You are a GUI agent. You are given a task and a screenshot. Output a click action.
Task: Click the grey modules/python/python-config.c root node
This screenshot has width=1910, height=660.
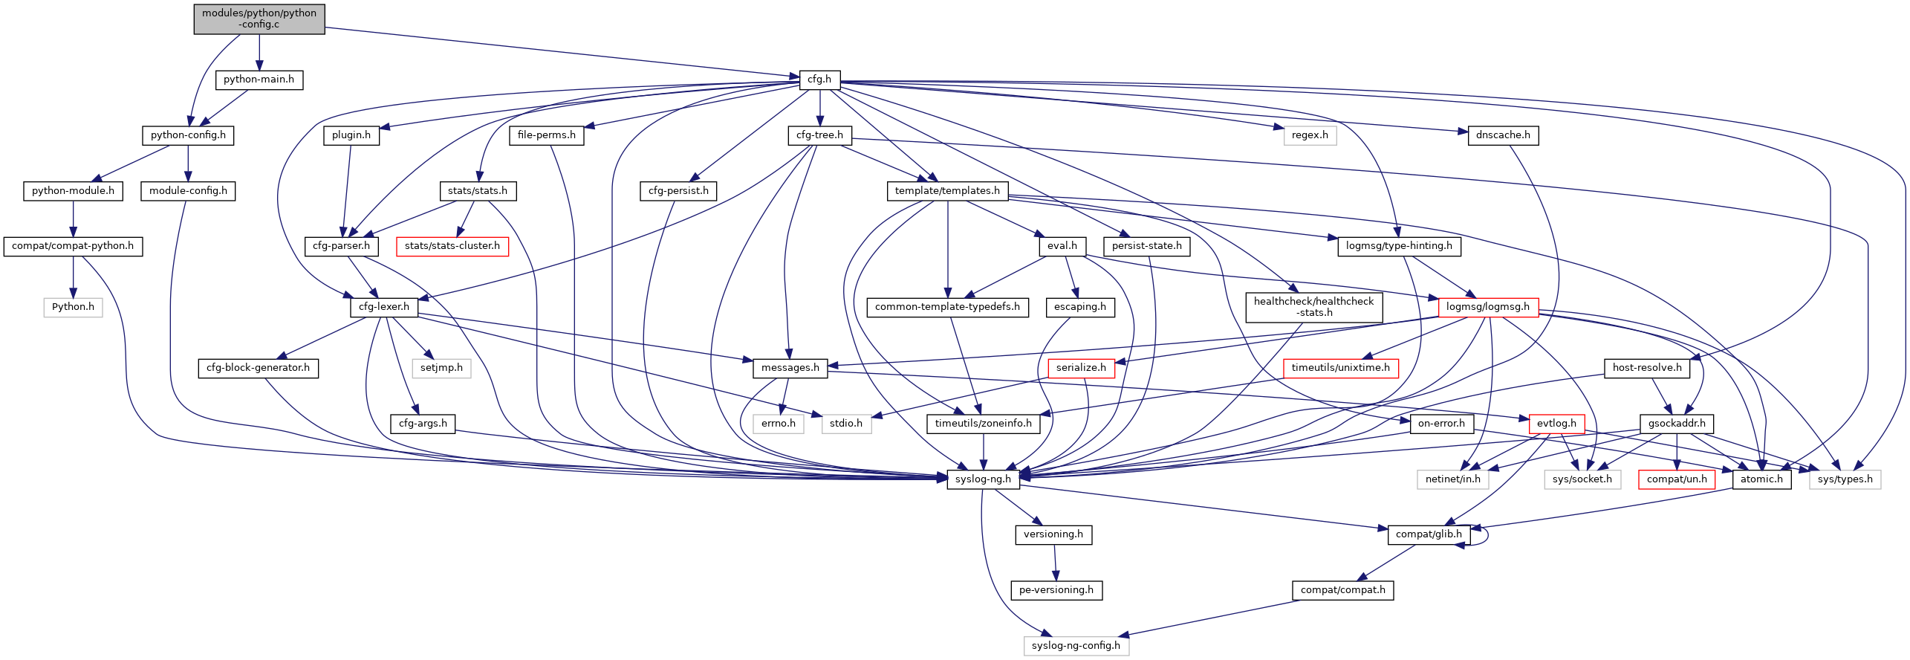(259, 19)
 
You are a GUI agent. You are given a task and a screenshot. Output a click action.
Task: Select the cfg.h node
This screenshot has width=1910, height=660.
(819, 80)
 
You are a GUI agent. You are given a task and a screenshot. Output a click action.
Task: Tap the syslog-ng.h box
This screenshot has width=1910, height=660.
(983, 479)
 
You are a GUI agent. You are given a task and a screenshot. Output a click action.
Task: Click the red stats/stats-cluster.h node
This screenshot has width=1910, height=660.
(452, 246)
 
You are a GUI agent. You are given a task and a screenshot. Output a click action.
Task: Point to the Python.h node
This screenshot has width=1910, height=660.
(73, 307)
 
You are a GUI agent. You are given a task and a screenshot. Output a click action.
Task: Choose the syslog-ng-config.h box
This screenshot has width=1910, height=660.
(1076, 646)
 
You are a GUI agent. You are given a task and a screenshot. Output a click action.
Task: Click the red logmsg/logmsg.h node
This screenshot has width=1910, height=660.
(1487, 307)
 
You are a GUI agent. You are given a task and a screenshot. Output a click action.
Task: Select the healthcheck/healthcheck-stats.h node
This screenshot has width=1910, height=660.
(1313, 307)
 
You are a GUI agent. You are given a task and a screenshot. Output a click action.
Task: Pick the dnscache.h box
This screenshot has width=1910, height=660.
(1503, 135)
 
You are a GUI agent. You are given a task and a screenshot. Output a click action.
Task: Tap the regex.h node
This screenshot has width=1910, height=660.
(1310, 135)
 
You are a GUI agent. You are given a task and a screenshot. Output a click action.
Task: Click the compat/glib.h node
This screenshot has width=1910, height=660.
(1428, 534)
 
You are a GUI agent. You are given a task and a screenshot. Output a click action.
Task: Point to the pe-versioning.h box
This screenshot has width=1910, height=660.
(1056, 590)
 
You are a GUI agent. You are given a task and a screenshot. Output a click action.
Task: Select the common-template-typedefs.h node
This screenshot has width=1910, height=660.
(947, 307)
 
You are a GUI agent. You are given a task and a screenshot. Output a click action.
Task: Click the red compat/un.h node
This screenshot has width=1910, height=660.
(1677, 479)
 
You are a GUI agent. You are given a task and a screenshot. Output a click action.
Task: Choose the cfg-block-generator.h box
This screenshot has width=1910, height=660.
(258, 368)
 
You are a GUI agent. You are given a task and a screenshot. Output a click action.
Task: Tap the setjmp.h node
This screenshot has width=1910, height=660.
(441, 368)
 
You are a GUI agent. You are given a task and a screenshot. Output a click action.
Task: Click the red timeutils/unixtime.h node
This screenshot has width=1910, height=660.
(1340, 368)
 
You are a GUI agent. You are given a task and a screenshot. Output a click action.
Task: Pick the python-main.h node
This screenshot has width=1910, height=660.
(259, 80)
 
